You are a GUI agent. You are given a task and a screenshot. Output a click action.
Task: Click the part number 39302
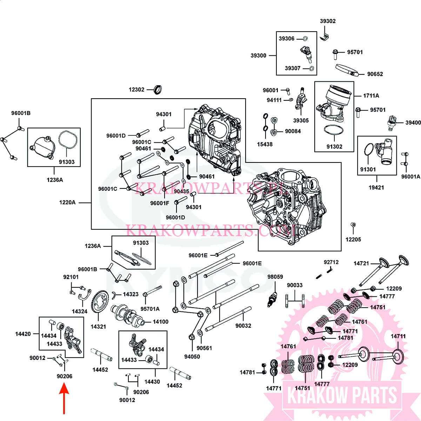(x=327, y=21)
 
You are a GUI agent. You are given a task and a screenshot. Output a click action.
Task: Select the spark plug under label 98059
(x=272, y=299)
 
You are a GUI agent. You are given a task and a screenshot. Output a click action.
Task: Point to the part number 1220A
(x=67, y=202)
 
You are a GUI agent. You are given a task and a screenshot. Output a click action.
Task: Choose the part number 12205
(x=353, y=239)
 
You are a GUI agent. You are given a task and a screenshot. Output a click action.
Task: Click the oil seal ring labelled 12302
(x=159, y=89)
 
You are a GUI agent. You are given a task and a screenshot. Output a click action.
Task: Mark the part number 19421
(x=376, y=187)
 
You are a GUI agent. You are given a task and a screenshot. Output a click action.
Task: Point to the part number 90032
(x=243, y=326)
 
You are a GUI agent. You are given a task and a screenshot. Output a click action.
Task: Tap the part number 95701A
(x=150, y=309)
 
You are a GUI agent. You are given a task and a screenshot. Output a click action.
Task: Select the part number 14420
(x=23, y=334)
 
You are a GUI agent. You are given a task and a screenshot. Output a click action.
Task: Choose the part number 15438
(x=265, y=144)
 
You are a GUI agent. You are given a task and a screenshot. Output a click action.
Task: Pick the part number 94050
(x=192, y=356)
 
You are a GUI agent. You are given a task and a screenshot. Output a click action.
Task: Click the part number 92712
(x=331, y=262)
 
